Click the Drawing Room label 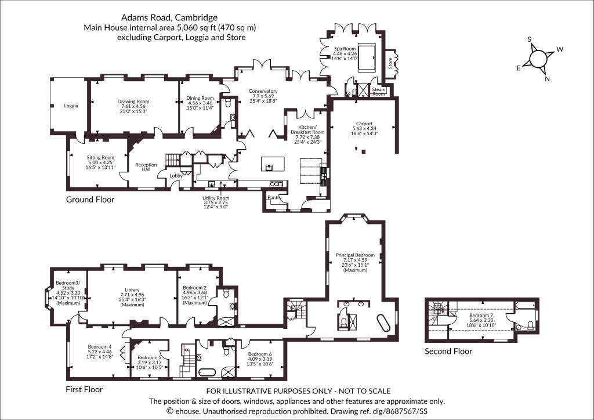pyautogui.click(x=133, y=102)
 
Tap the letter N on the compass pyautogui.click(x=547, y=78)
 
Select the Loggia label pyautogui.click(x=71, y=106)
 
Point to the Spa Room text pyautogui.click(x=345, y=49)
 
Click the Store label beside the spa pyautogui.click(x=390, y=63)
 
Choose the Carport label pyautogui.click(x=364, y=124)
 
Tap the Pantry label pyautogui.click(x=274, y=198)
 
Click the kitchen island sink pyautogui.click(x=269, y=167)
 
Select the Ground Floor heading pyautogui.click(x=90, y=200)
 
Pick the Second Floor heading pyautogui.click(x=448, y=351)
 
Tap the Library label pyautogui.click(x=132, y=289)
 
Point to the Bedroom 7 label pyautogui.click(x=481, y=315)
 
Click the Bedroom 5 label pyautogui.click(x=149, y=357)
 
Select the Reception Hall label pyautogui.click(x=146, y=167)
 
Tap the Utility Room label pyautogui.click(x=216, y=198)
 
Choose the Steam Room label pyautogui.click(x=379, y=92)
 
